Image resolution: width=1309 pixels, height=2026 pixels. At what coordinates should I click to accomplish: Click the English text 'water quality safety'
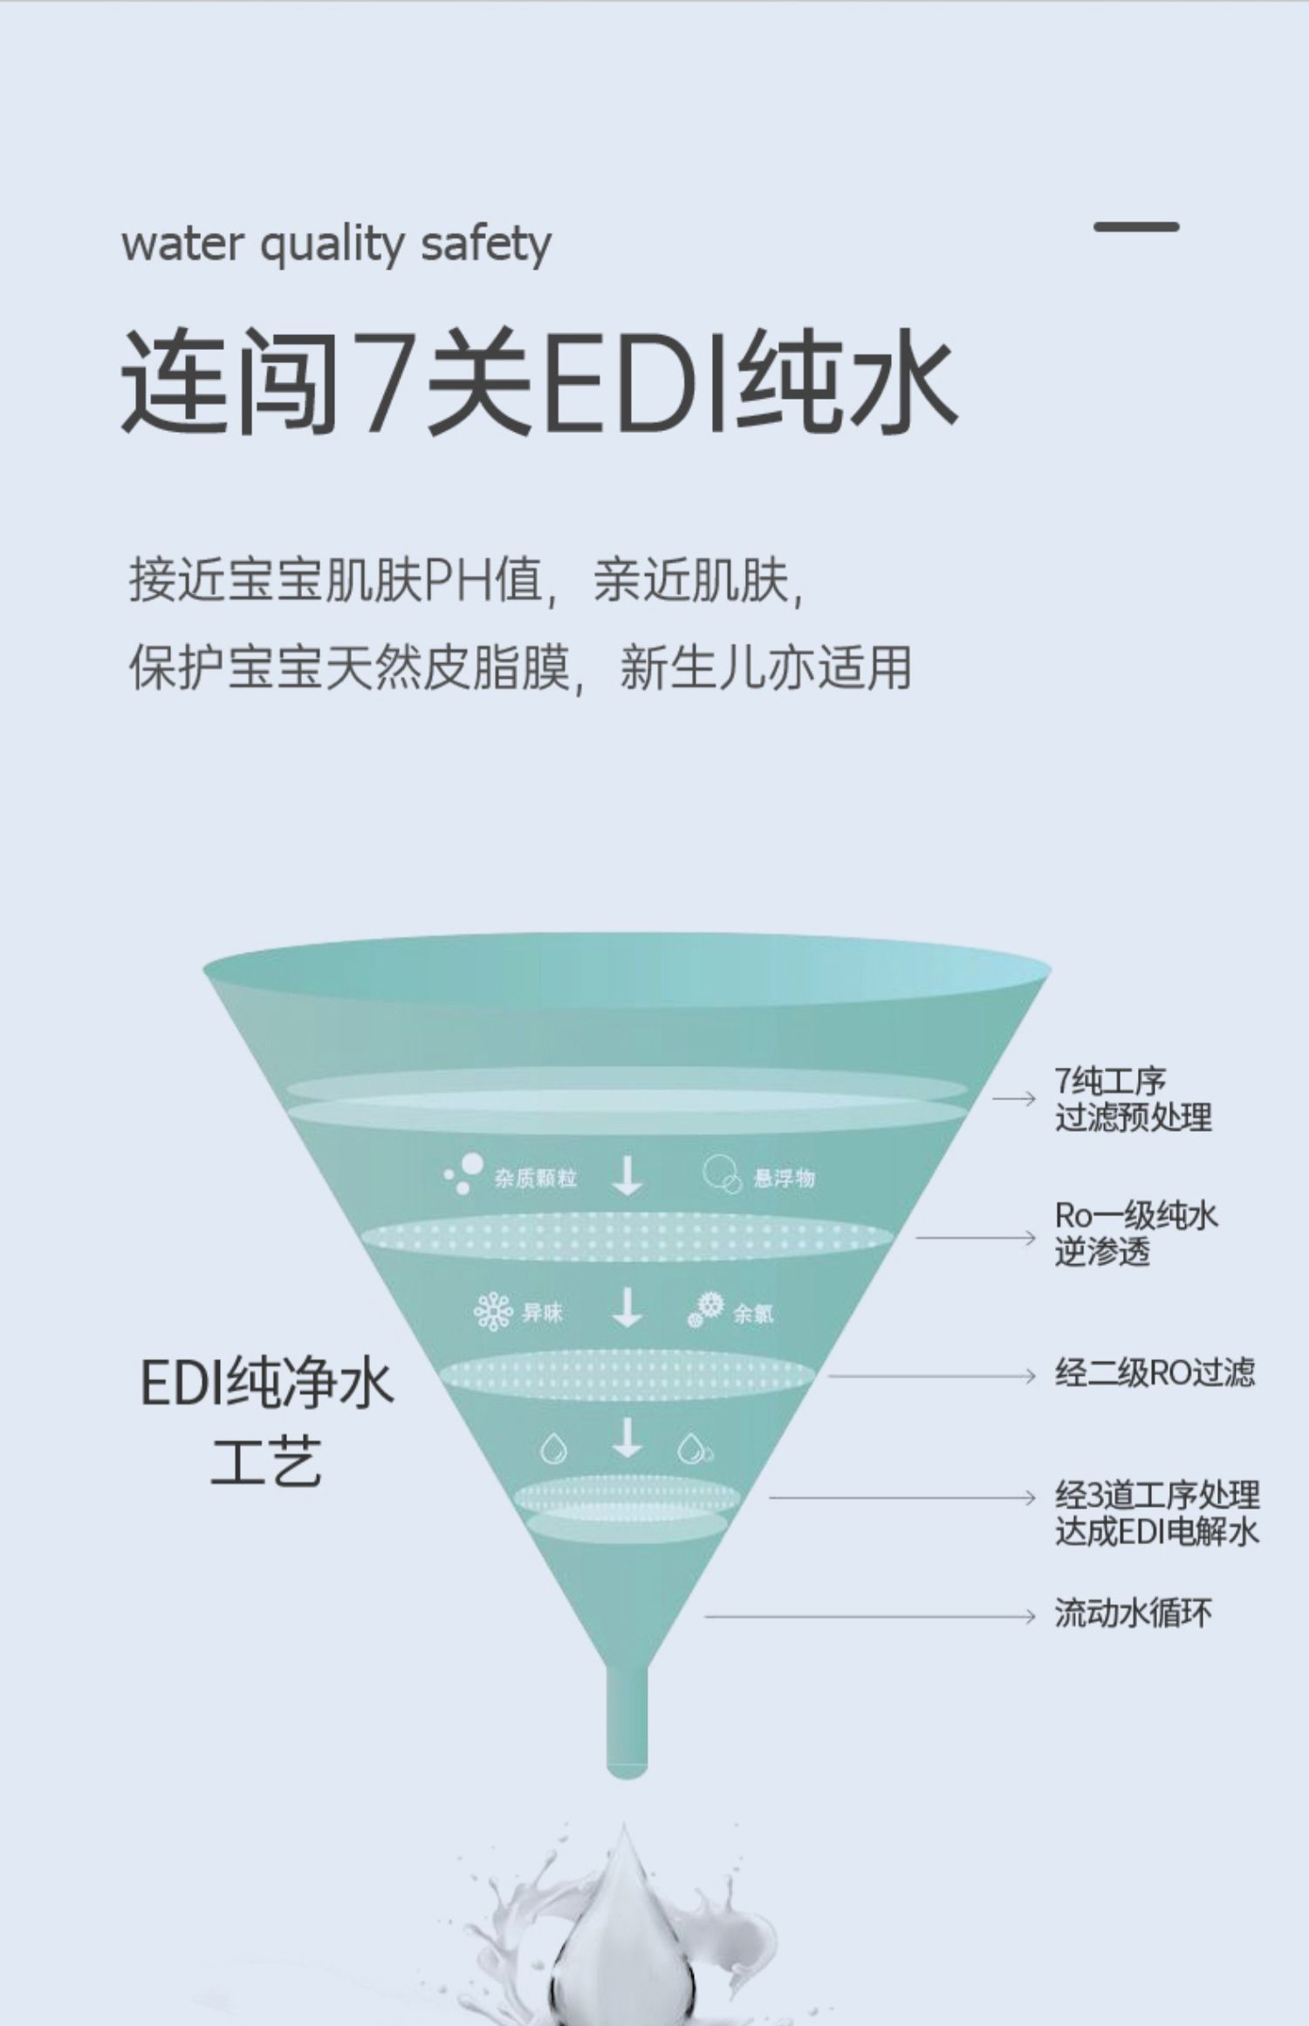point(336,244)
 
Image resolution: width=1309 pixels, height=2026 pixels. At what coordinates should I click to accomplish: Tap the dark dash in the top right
point(1136,227)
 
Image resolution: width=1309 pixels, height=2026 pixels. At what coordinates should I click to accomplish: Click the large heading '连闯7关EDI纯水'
point(538,380)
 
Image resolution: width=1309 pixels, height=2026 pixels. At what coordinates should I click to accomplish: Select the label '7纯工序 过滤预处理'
point(1133,1099)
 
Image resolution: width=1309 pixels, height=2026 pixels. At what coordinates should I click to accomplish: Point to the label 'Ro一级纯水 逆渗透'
point(1134,1234)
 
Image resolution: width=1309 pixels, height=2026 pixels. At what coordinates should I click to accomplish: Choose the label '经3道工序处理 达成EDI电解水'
point(1157,1514)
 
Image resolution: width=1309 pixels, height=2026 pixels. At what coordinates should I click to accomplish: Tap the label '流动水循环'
point(1133,1613)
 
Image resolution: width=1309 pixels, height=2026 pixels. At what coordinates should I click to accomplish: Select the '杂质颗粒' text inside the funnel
point(535,1179)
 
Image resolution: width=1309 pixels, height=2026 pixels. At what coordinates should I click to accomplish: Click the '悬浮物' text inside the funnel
point(784,1179)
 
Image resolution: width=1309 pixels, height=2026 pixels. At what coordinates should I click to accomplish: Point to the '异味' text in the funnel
point(542,1313)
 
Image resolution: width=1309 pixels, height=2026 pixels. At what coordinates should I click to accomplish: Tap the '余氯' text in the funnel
point(752,1314)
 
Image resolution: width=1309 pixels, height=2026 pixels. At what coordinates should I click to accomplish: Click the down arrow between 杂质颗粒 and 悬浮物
point(627,1176)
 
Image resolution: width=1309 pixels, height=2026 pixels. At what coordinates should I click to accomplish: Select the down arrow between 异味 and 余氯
point(627,1309)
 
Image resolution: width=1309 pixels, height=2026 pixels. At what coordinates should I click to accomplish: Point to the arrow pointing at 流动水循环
point(873,1617)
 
